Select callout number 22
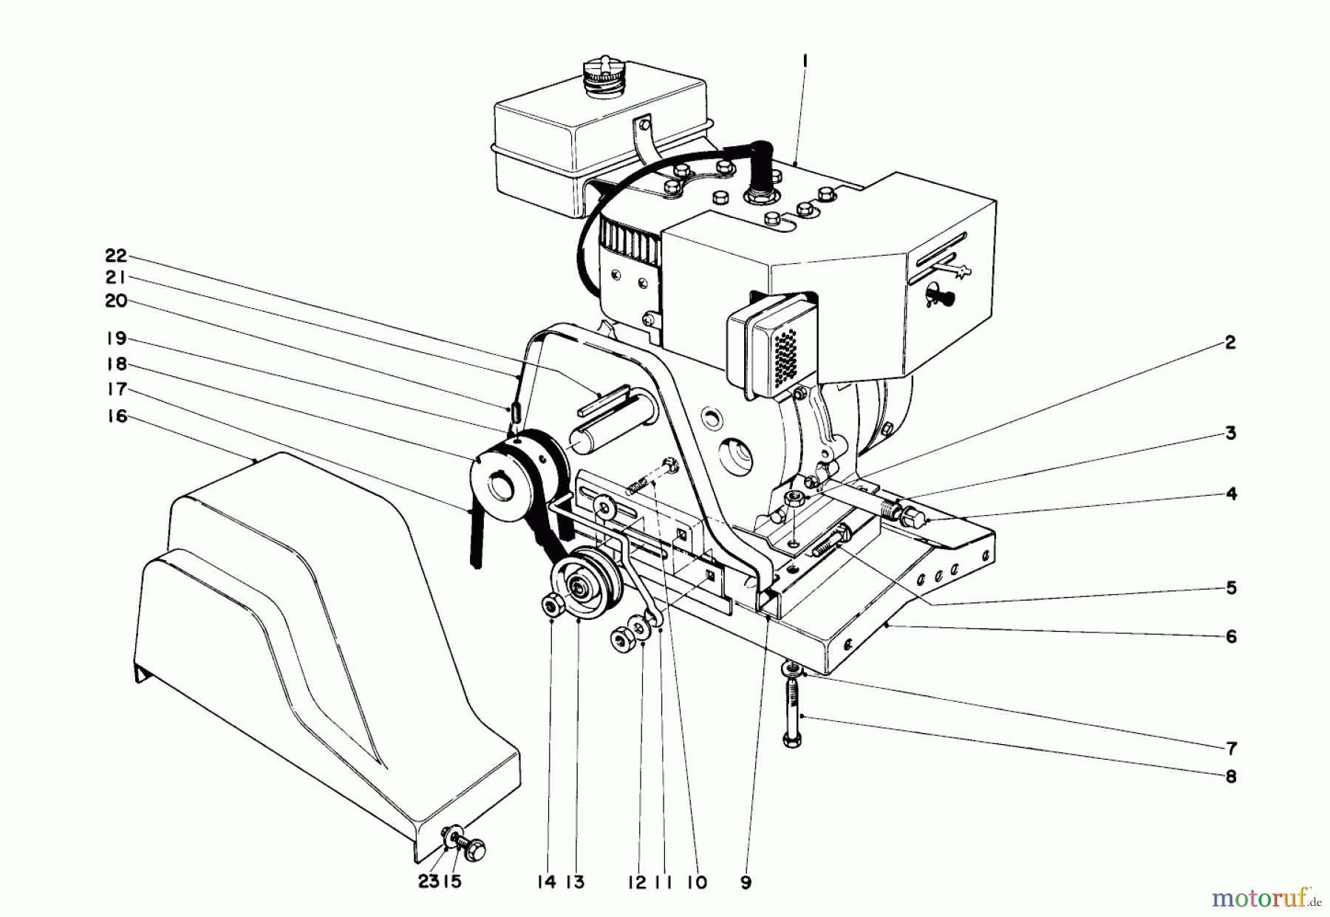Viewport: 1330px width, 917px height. coord(116,256)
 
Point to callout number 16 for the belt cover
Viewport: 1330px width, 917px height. coord(116,417)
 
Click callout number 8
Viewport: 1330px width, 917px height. coord(1230,777)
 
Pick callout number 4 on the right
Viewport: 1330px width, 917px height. coord(1231,494)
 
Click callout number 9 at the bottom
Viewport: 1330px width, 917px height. coord(745,882)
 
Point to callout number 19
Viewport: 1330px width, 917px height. coord(116,339)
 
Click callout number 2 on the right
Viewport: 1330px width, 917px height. coord(1230,343)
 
